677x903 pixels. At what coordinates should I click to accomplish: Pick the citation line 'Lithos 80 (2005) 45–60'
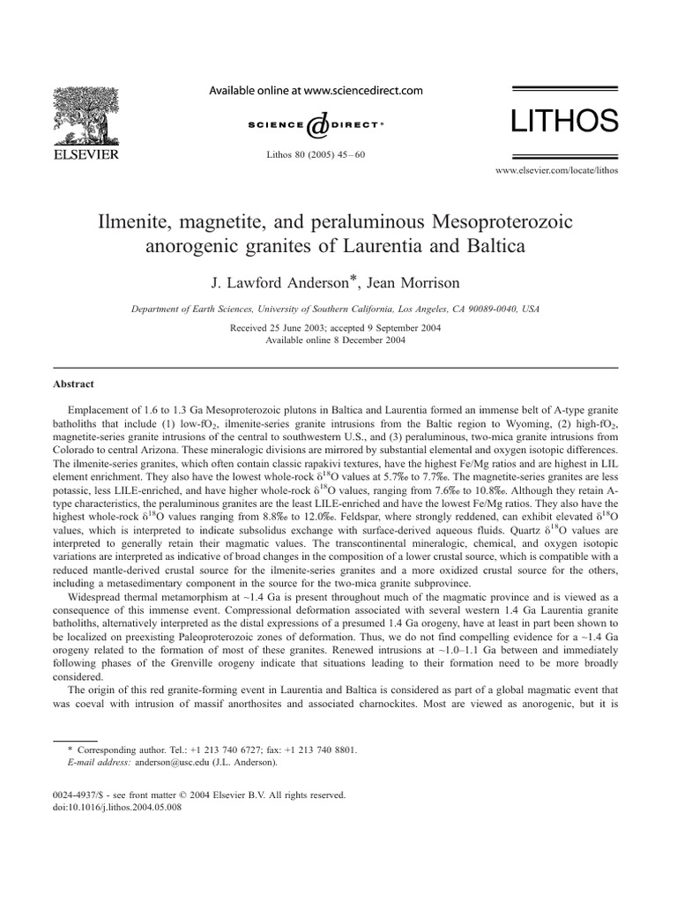point(315,154)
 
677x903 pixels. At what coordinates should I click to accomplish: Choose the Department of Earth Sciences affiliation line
point(336,310)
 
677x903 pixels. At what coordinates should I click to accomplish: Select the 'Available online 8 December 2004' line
point(336,340)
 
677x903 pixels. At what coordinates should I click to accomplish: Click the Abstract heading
point(73,384)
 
